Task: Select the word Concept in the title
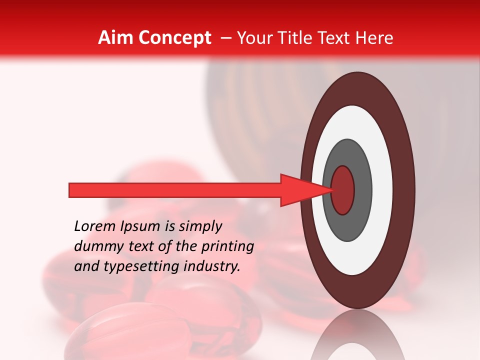point(174,38)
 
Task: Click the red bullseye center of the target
point(342,190)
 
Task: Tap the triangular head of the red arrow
point(300,190)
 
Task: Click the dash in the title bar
point(225,38)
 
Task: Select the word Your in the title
point(252,38)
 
